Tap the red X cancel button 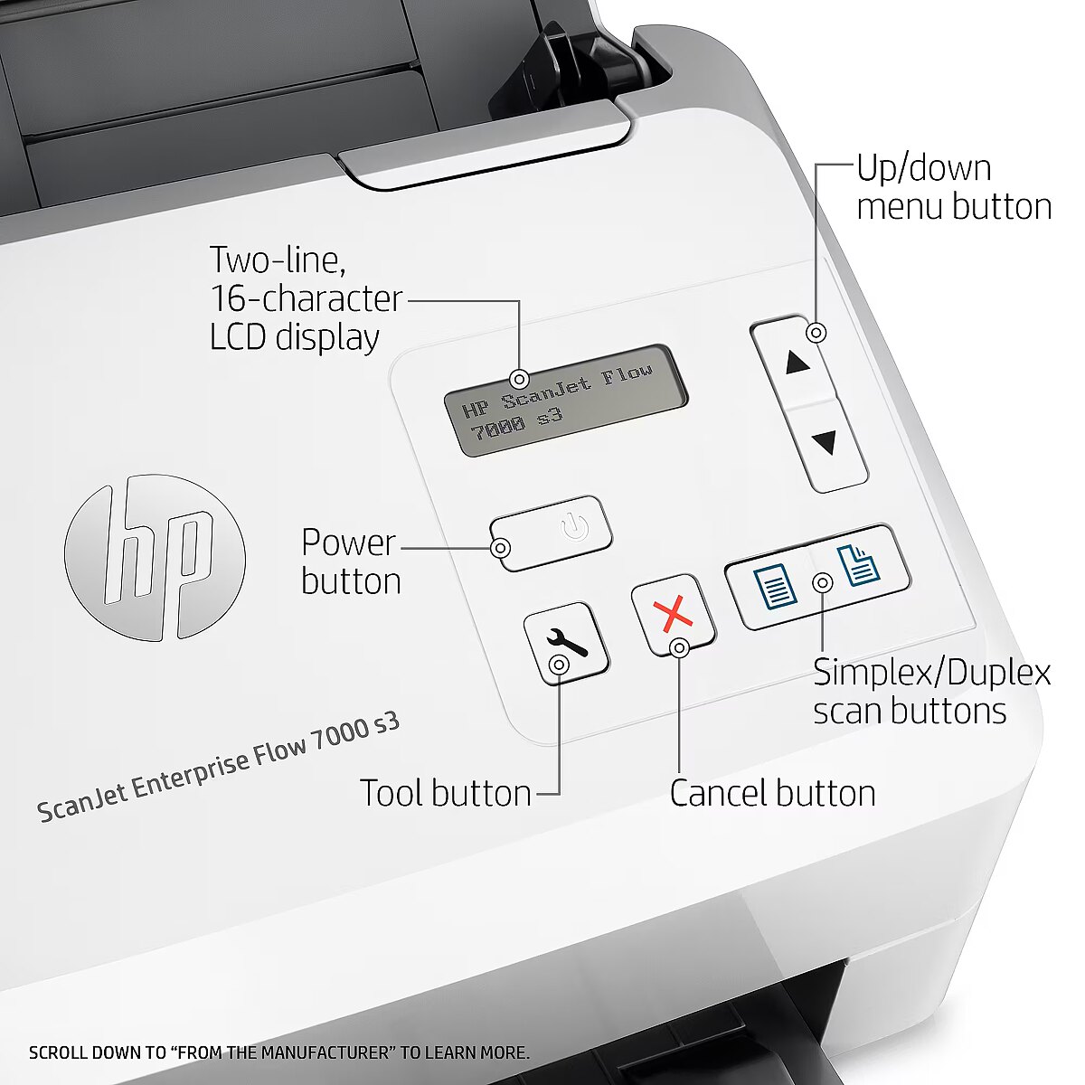[673, 614]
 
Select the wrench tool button [565, 641]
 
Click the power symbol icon [574, 527]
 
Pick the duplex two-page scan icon [857, 565]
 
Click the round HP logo [155, 557]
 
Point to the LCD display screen [565, 401]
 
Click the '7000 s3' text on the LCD [516, 425]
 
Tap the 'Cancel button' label [772, 793]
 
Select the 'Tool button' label [445, 793]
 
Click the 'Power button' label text [350, 561]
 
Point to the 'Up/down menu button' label [954, 187]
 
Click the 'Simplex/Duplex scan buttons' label [932, 692]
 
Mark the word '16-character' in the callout [307, 297]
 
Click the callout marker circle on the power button [500, 547]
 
